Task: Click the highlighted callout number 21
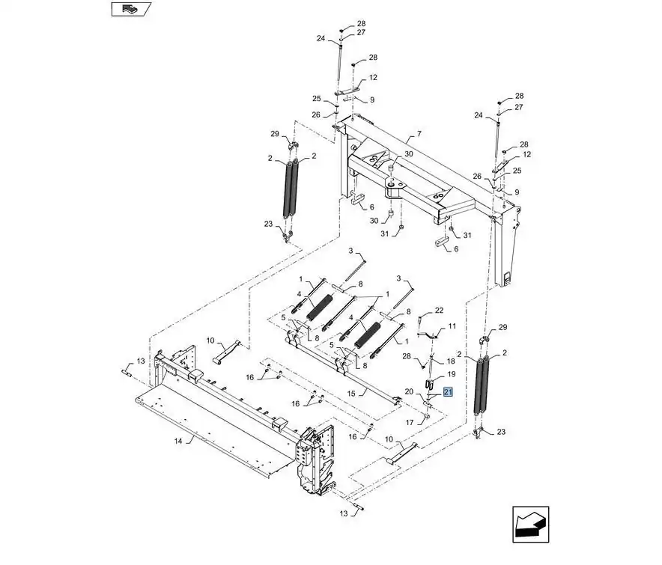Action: pos(448,392)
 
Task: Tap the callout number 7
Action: pos(419,134)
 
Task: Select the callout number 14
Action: pos(178,441)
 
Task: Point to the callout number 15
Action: pos(351,394)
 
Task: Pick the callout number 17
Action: pos(410,422)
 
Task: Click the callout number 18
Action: pos(451,361)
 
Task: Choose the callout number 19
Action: pos(452,374)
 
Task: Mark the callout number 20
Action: pos(409,391)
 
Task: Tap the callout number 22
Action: pos(439,310)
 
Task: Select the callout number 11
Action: pos(452,326)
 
